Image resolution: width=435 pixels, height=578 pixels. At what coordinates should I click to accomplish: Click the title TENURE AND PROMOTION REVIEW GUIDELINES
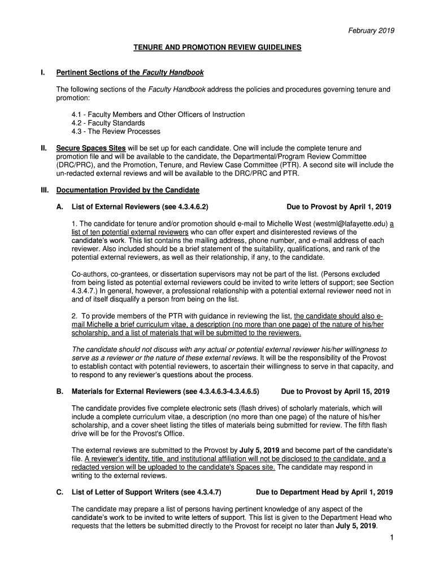click(x=217, y=48)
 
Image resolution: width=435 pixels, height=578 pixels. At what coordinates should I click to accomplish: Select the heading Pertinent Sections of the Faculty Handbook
click(x=130, y=73)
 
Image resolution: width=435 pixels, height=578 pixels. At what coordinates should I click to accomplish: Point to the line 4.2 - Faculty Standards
click(x=108, y=123)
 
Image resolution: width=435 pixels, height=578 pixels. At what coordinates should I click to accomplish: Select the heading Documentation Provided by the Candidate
click(x=128, y=190)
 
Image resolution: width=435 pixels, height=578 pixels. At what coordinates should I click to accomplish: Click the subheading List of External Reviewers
click(x=143, y=207)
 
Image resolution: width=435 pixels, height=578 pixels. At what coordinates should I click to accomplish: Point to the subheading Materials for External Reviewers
click(x=166, y=391)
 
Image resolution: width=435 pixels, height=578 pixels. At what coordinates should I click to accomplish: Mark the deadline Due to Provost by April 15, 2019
click(x=335, y=391)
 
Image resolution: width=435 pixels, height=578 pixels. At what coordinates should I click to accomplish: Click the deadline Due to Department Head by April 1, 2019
click(x=324, y=492)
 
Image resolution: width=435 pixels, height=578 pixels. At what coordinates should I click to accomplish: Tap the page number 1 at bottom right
click(x=390, y=538)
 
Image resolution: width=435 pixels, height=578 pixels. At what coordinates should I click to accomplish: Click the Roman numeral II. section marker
click(x=43, y=148)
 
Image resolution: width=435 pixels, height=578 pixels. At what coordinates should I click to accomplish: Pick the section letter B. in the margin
click(x=59, y=391)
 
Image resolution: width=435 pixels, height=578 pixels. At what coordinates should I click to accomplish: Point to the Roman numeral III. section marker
click(x=45, y=190)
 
